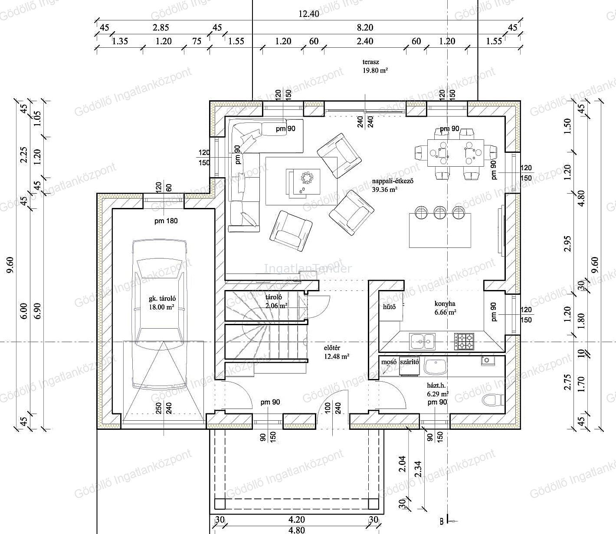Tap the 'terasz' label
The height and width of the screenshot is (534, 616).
(371, 62)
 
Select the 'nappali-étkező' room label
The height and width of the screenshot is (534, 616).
(393, 181)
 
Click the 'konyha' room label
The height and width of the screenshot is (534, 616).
(445, 304)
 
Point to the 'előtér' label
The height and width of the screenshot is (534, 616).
(332, 348)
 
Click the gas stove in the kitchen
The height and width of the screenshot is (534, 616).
(464, 341)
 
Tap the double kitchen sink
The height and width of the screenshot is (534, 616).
(423, 341)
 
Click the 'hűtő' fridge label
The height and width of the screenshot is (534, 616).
(390, 307)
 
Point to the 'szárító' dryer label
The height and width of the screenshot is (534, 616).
(409, 362)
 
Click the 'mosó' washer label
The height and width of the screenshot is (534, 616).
(389, 362)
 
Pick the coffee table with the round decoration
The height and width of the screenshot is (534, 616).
(303, 182)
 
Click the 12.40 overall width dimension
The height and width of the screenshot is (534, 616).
(309, 14)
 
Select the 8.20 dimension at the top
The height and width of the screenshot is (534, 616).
(365, 27)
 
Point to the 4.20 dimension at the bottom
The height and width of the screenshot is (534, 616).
(297, 519)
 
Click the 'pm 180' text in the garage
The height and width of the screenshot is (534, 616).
(166, 221)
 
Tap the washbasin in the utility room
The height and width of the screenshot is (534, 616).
(435, 367)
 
